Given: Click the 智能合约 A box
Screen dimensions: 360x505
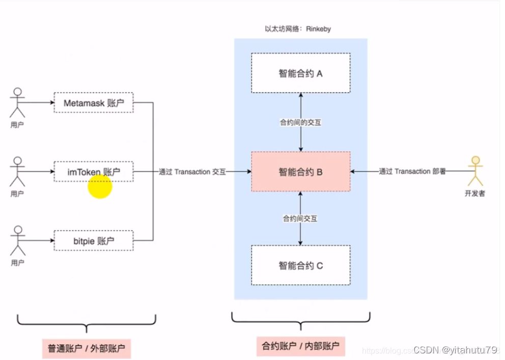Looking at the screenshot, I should [x=300, y=73].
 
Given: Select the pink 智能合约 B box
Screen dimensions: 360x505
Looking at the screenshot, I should [x=300, y=172].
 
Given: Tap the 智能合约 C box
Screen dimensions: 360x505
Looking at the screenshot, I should [x=300, y=265].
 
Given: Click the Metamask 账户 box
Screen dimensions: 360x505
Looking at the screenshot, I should [x=93, y=103].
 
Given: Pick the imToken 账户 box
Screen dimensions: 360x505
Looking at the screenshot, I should [x=93, y=172].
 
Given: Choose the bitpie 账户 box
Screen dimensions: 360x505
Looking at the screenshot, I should [x=93, y=240].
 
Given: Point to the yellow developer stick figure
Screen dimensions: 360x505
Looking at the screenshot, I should [x=475, y=171].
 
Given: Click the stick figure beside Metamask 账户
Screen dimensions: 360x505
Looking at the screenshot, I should [x=18, y=103].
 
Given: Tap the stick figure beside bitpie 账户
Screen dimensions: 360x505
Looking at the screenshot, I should [x=18, y=241].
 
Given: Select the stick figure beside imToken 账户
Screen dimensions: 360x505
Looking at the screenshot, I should [x=18, y=172].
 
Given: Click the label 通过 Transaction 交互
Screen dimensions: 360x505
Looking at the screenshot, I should [x=192, y=172].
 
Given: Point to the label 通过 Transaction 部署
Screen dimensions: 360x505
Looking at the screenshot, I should [x=412, y=172].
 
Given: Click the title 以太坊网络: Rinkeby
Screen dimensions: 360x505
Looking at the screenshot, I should [x=298, y=29].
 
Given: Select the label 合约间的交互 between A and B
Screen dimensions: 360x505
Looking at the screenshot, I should [x=300, y=123].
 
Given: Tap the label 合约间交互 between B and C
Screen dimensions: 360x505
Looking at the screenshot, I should [x=300, y=218].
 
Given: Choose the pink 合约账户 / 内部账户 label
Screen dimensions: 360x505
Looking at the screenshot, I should [x=300, y=346].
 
